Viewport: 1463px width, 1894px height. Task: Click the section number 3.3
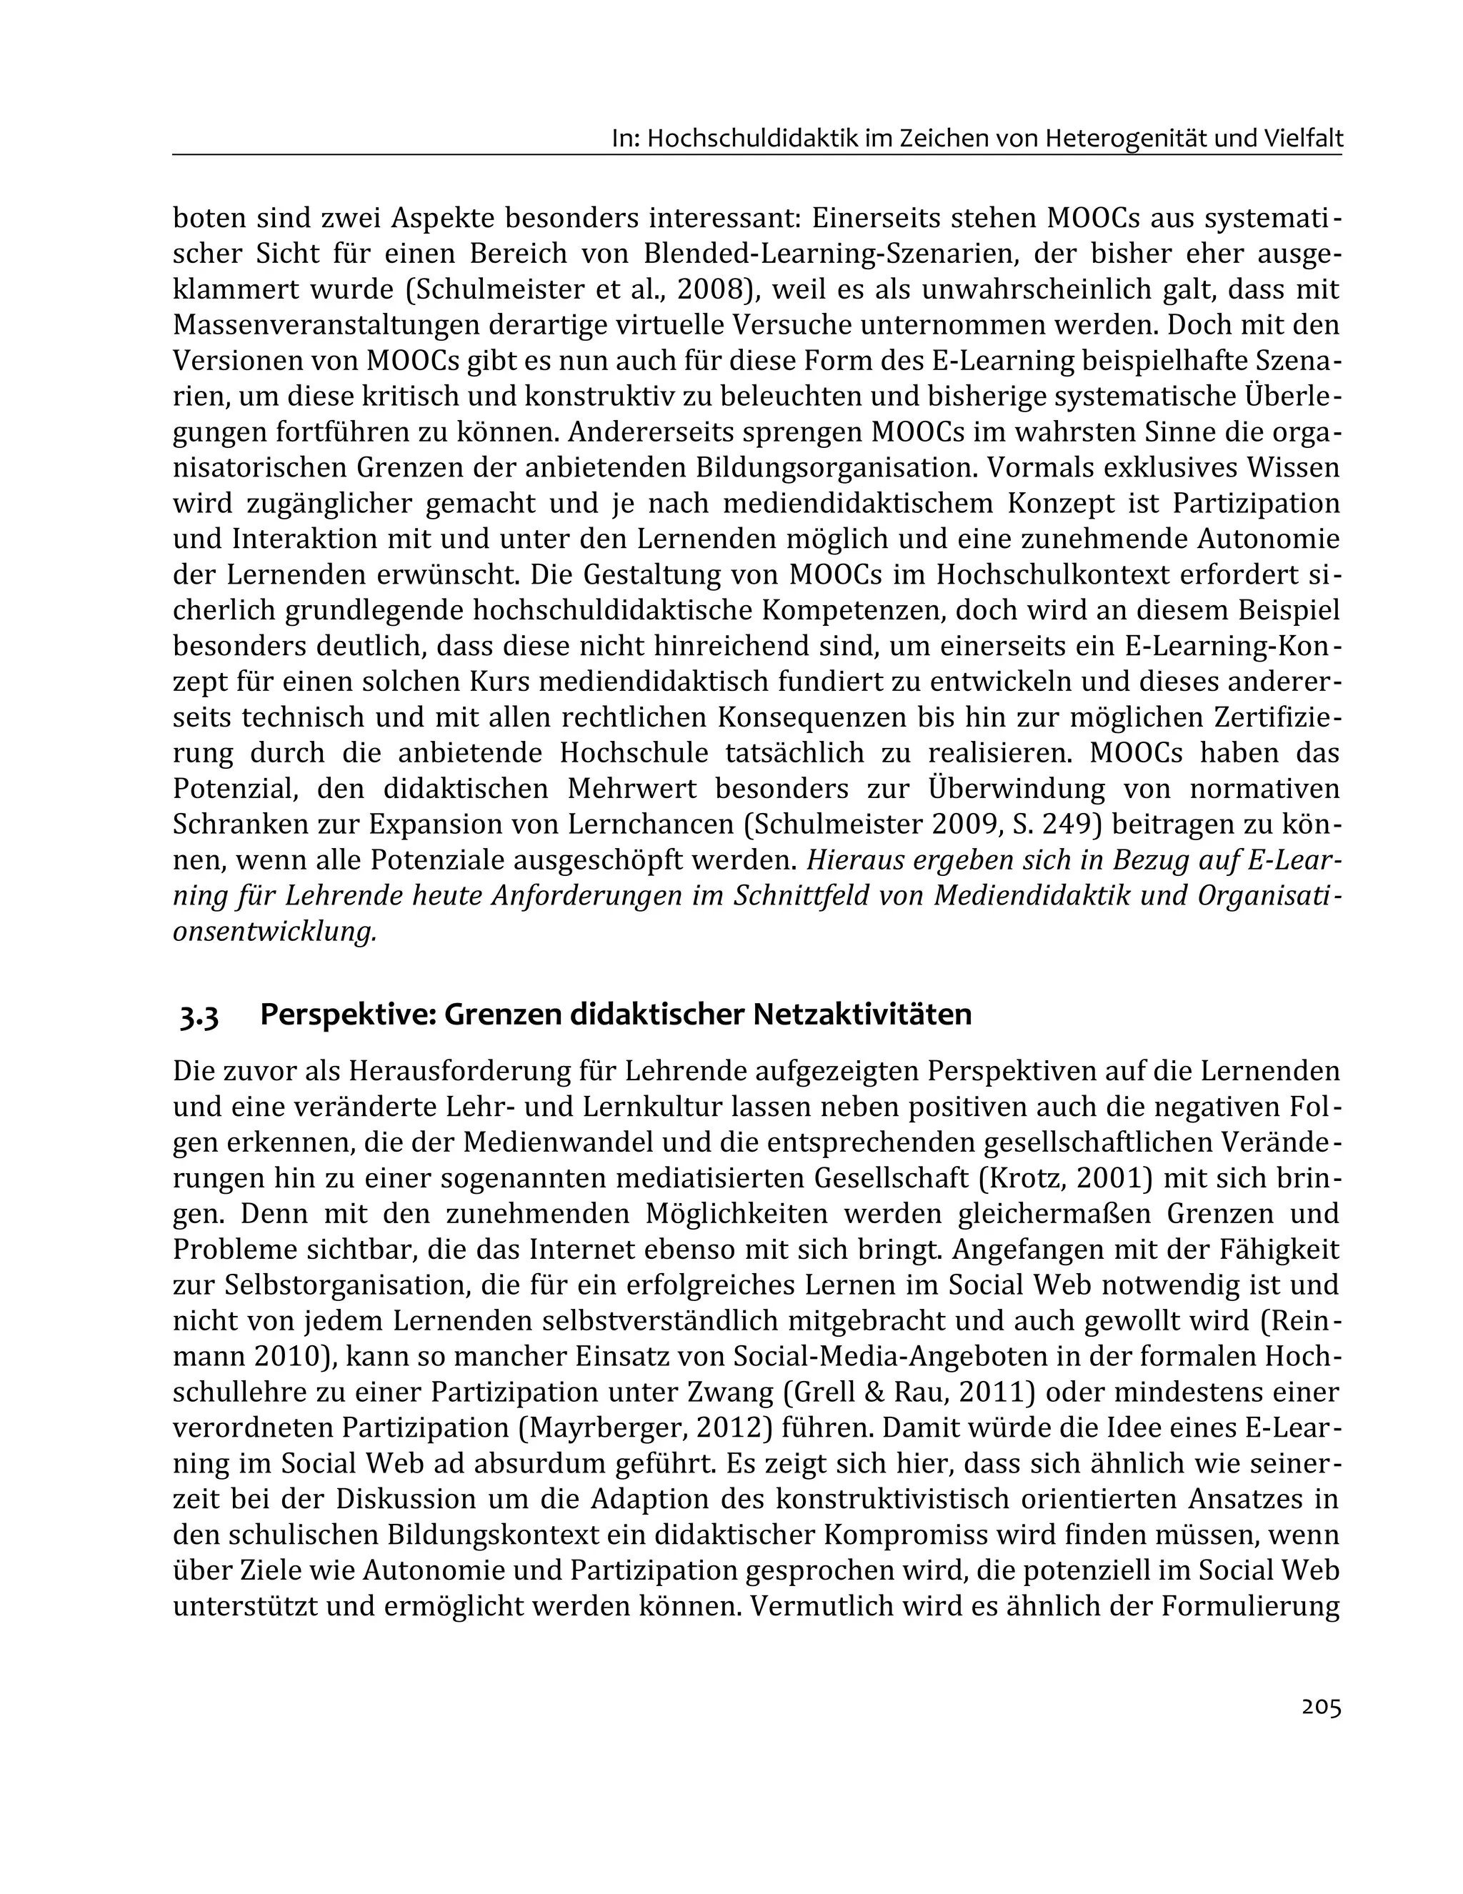click(x=199, y=1015)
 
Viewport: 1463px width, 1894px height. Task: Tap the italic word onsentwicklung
click(x=275, y=932)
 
